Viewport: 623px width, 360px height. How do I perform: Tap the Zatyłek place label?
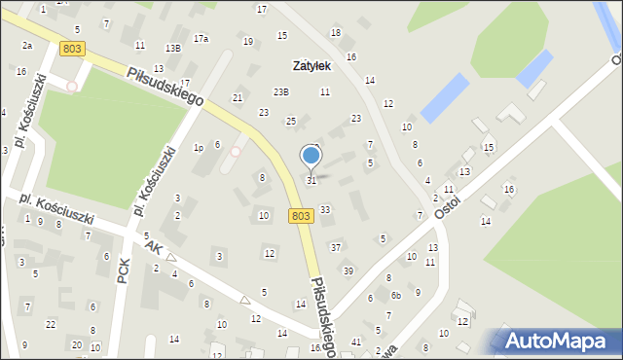tap(312, 66)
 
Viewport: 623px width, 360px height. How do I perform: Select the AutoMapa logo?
tap(556, 341)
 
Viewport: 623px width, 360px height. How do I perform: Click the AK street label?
tap(152, 248)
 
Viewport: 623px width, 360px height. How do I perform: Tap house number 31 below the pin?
tap(311, 180)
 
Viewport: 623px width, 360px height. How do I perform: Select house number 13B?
tap(172, 48)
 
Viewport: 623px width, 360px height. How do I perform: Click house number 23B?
tap(280, 91)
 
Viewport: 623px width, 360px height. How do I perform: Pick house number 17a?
tap(201, 39)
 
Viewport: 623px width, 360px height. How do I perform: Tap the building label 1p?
tap(198, 148)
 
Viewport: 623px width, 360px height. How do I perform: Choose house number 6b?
tap(396, 296)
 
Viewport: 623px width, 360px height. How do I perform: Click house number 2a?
tap(27, 46)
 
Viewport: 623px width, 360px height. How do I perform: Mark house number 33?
tap(325, 209)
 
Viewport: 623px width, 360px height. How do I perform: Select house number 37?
tap(336, 247)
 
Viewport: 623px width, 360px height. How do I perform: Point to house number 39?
tap(348, 270)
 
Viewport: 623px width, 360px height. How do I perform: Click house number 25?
tap(290, 121)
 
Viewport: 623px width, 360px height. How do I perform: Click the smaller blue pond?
tap(534, 67)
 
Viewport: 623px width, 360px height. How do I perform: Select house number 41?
tap(356, 342)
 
